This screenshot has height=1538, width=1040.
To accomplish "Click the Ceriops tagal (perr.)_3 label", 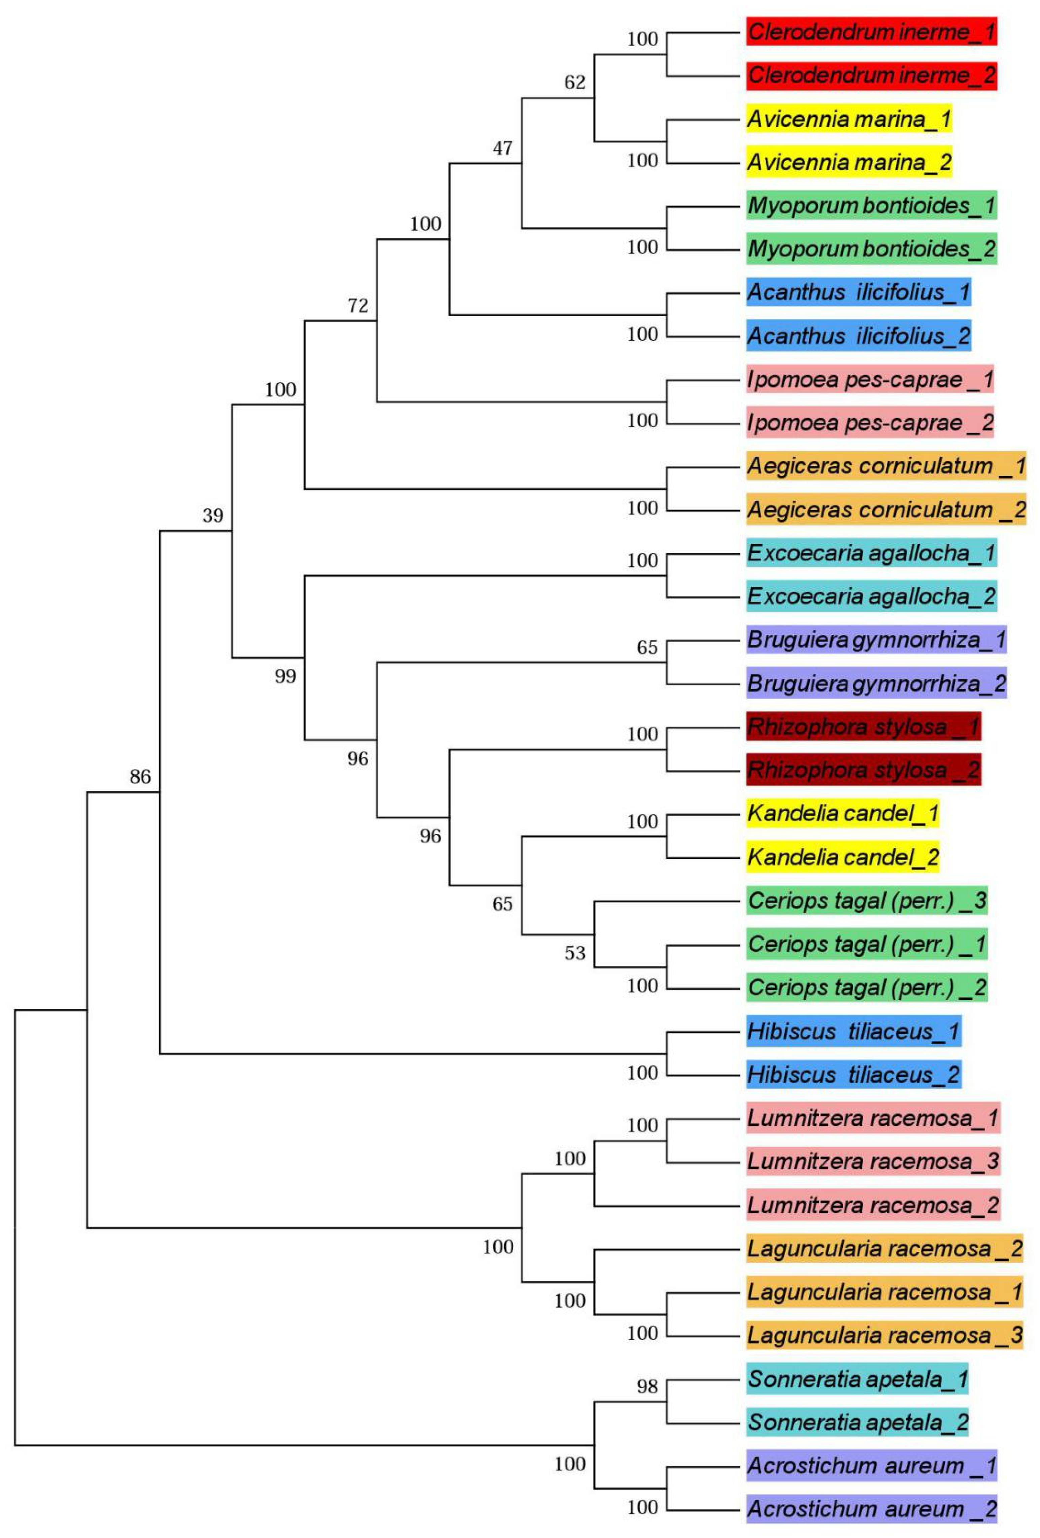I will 867,901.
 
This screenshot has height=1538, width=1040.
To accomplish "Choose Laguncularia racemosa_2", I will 885,1249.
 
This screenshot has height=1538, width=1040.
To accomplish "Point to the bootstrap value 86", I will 140,776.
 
